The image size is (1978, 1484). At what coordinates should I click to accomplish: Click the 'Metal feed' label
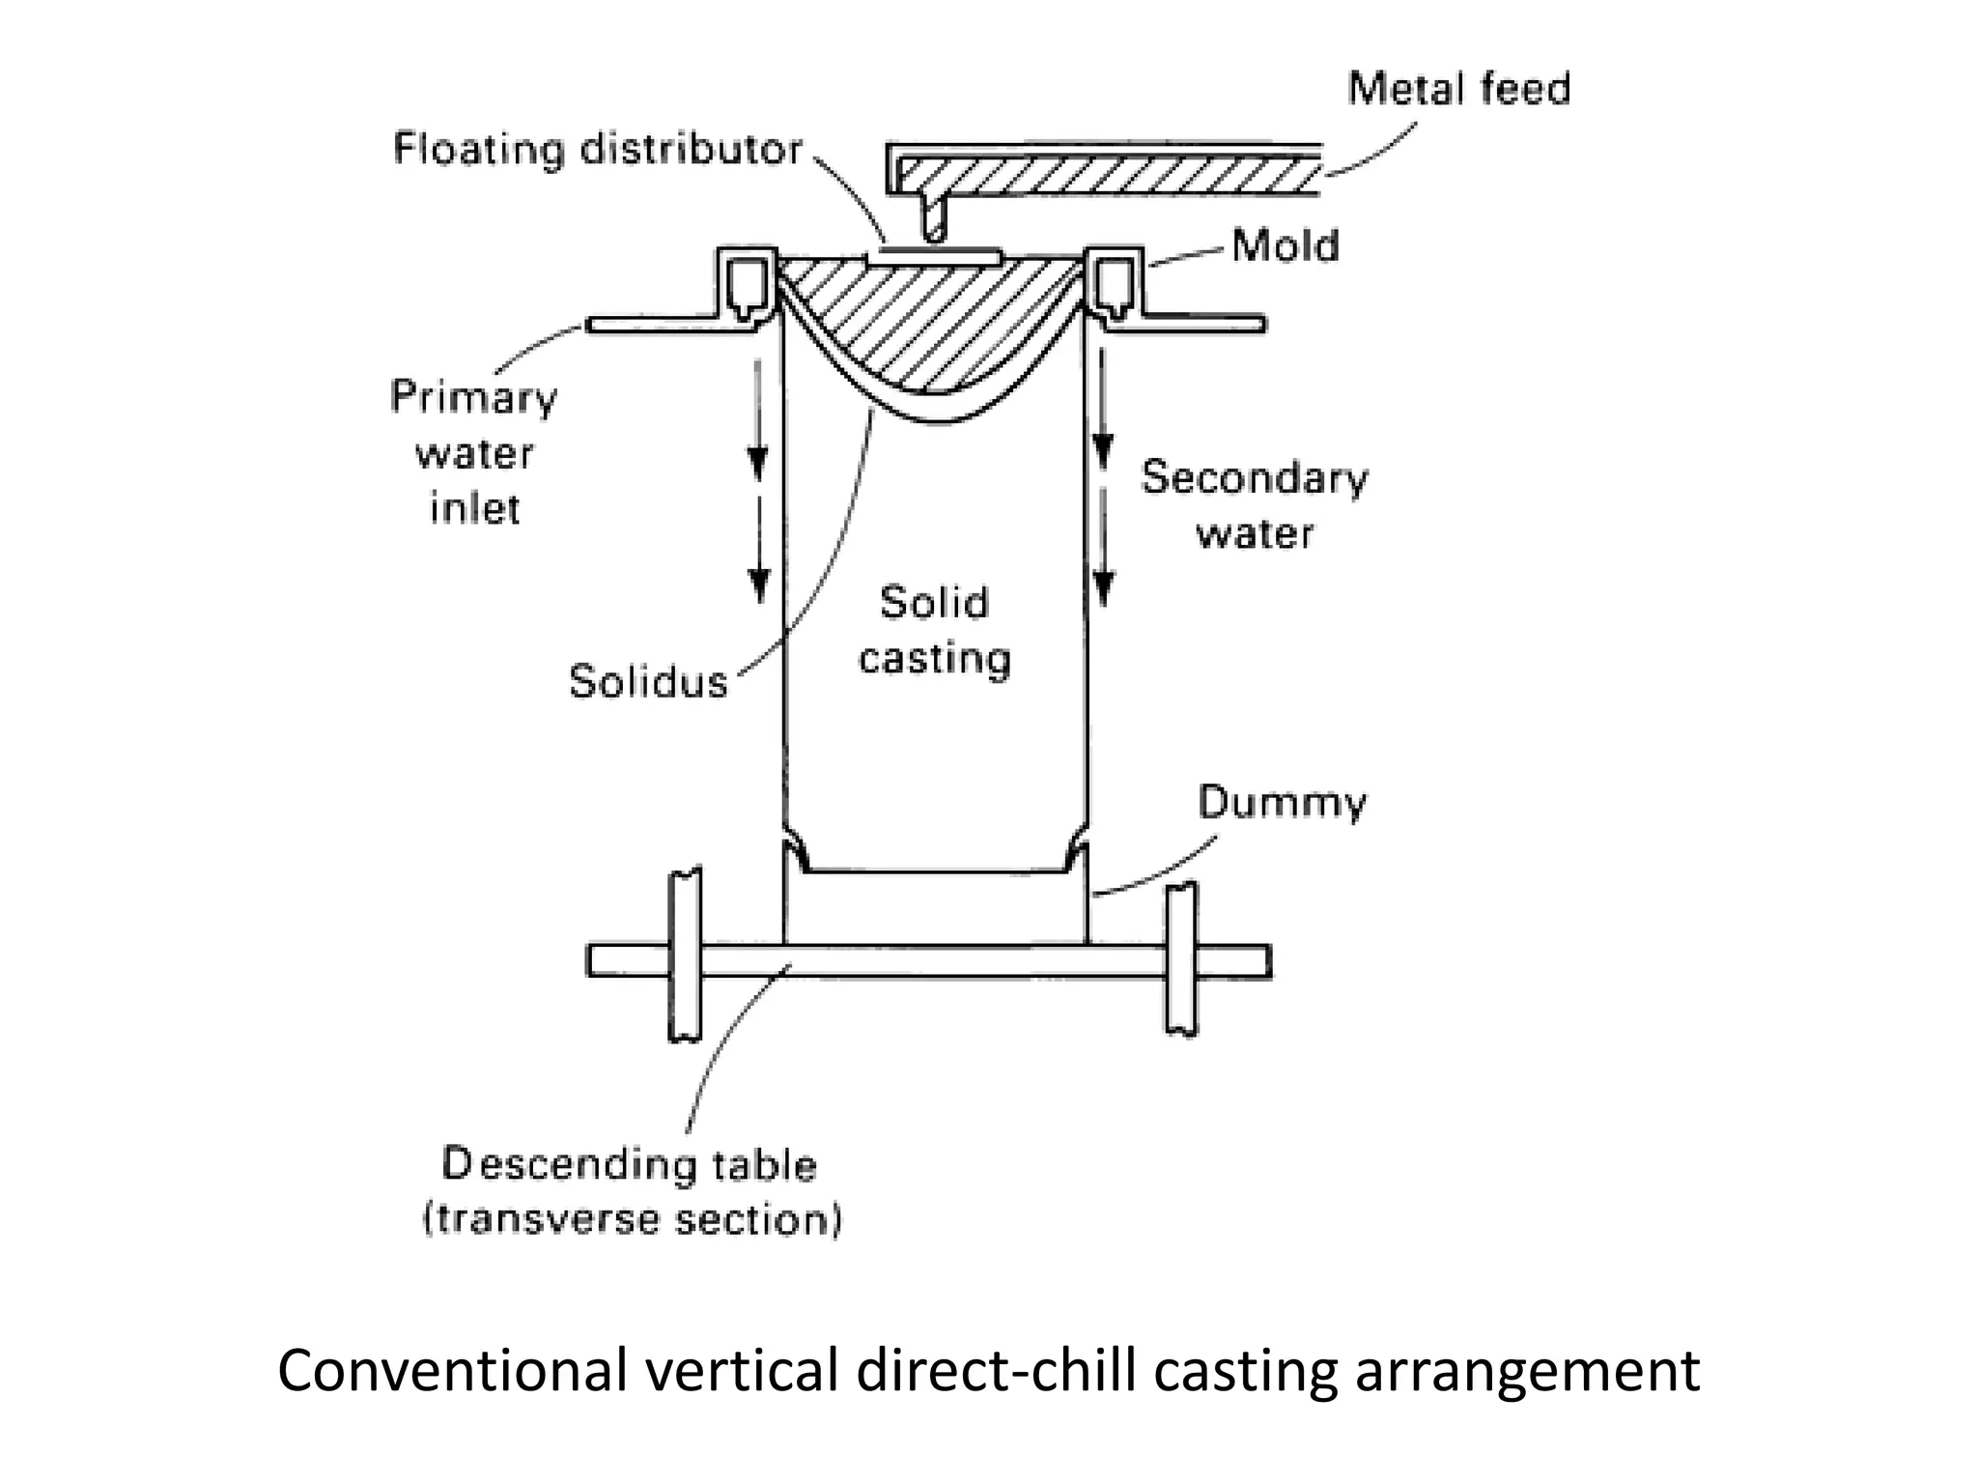(1458, 89)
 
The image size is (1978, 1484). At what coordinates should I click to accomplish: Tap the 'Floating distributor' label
(598, 150)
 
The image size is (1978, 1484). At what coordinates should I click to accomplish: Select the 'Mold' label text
(1286, 246)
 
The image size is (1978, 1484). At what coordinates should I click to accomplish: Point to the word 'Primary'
(473, 398)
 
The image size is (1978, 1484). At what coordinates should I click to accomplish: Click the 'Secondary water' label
(1255, 505)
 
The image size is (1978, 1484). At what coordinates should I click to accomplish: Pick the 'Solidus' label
(648, 682)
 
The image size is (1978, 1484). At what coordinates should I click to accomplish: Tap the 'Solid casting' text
(934, 630)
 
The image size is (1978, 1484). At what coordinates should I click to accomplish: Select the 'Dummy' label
(1282, 804)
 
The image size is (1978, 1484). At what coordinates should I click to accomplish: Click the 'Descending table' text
(629, 1165)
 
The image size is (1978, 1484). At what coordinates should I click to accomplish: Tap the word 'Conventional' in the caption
(451, 1370)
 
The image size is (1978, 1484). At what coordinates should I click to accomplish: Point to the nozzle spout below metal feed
(933, 218)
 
